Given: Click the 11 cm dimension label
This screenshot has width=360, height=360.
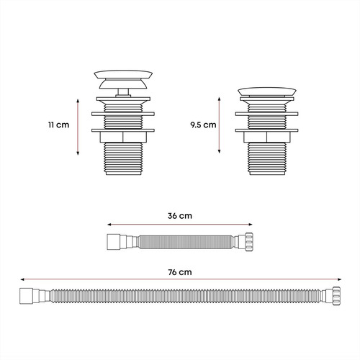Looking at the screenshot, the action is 58,125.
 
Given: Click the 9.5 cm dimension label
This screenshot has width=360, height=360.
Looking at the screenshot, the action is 203,125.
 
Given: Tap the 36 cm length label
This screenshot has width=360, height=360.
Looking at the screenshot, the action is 180,216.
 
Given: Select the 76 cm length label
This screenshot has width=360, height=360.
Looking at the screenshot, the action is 180,272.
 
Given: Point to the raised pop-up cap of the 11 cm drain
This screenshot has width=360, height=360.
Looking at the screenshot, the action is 123,79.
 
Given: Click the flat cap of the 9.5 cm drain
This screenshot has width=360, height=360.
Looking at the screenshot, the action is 267,91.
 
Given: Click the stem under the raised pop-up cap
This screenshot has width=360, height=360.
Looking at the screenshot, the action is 123,93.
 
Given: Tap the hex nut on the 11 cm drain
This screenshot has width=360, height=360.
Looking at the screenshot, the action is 123,137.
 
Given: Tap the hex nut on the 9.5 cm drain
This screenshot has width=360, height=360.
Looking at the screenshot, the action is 267,137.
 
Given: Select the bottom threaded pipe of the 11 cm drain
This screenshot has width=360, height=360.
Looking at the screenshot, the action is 123,158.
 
